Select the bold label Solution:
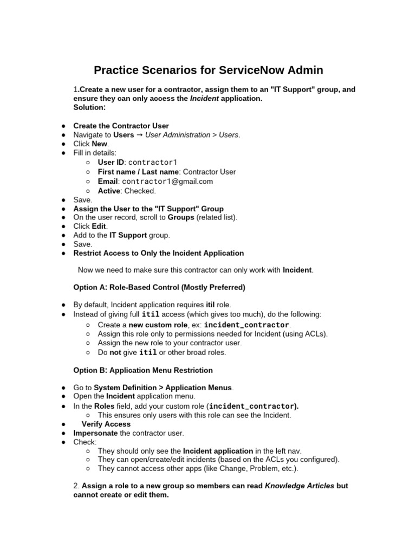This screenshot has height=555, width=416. [89, 107]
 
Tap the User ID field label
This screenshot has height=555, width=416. [110, 162]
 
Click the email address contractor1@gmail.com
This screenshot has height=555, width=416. [167, 181]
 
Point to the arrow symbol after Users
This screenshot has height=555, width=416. [139, 134]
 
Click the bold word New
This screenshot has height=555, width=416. [100, 144]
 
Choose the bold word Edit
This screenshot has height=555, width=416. [99, 226]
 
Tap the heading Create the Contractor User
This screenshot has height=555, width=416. [121, 126]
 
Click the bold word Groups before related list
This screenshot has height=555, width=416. [180, 217]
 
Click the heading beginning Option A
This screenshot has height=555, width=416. [159, 287]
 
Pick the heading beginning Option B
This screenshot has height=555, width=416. [143, 370]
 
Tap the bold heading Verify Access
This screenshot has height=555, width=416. [106, 424]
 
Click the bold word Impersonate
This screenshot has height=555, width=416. [95, 433]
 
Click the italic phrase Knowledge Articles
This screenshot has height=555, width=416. [299, 486]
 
